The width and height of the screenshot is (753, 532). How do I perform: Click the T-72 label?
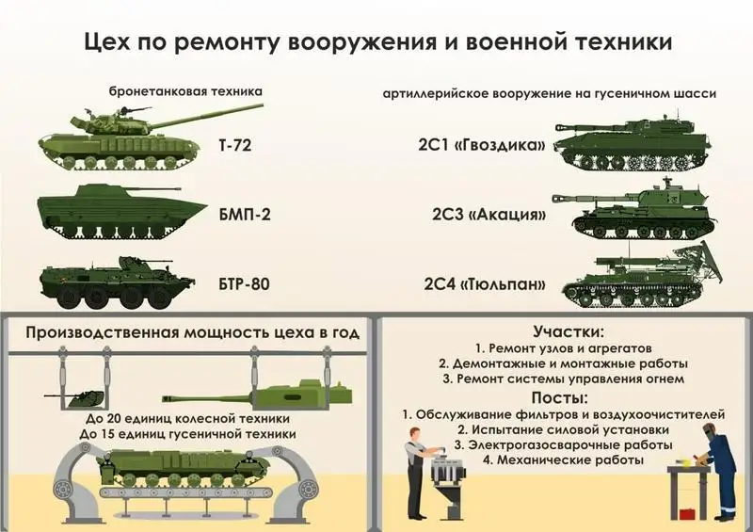tap(234, 148)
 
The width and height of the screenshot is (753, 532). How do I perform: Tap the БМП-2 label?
tap(244, 214)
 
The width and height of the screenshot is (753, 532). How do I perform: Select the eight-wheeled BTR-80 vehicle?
tap(118, 282)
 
